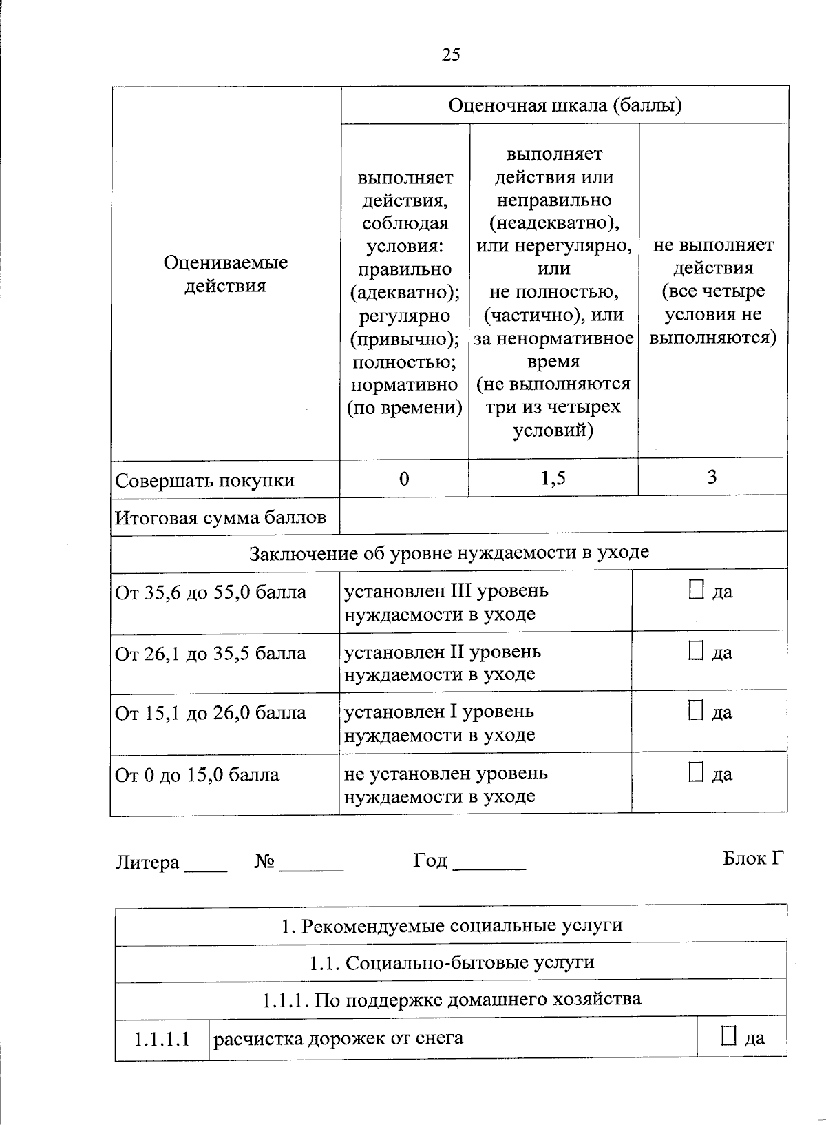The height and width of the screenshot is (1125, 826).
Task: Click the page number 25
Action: click(x=451, y=54)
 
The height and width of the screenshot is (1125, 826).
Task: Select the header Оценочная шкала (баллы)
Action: click(x=564, y=105)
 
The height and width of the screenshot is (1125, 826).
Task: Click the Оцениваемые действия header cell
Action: click(x=225, y=274)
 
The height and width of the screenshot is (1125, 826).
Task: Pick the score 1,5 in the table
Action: click(x=553, y=478)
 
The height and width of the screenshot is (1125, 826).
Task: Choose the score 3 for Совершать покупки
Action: click(x=712, y=477)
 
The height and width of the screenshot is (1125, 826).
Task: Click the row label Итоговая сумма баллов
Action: click(x=220, y=517)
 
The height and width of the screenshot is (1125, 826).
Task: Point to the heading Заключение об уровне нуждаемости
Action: click(x=449, y=553)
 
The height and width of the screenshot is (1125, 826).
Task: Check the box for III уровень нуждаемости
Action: click(x=696, y=590)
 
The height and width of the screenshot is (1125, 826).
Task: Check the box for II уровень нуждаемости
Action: click(x=696, y=650)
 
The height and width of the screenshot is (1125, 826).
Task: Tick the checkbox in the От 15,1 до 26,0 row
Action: click(x=696, y=711)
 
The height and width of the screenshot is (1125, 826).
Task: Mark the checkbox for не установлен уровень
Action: click(x=696, y=772)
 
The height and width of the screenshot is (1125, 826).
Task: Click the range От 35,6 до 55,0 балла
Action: click(x=211, y=592)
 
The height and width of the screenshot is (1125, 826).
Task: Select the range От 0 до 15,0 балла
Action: click(x=198, y=775)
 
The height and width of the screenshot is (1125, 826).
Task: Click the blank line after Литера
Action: click(x=206, y=867)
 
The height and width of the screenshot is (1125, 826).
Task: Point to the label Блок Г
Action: click(x=753, y=858)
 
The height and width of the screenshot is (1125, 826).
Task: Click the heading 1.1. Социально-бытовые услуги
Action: click(x=452, y=962)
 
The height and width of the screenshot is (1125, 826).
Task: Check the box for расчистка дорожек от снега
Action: click(x=729, y=1036)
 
